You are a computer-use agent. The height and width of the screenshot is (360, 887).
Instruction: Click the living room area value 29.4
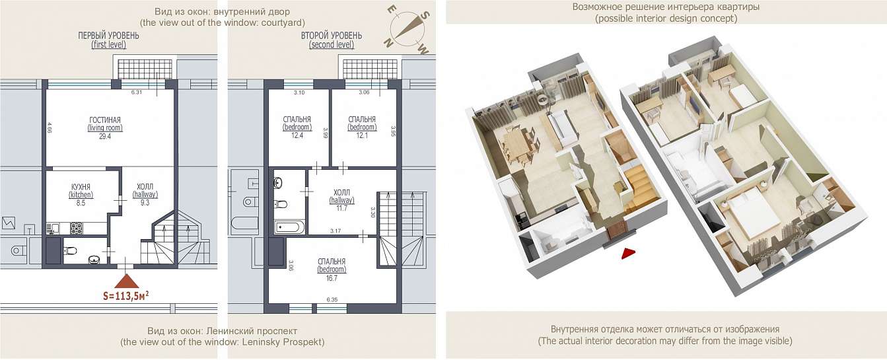105,137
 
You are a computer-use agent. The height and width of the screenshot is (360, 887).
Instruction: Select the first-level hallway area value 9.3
145,203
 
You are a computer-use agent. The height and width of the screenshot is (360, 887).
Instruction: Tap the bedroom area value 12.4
297,135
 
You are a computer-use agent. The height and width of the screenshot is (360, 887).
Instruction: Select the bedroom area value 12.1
362,135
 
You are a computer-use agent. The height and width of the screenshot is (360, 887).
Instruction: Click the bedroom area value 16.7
332,278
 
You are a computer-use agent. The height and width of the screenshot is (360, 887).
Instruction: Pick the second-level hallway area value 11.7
341,208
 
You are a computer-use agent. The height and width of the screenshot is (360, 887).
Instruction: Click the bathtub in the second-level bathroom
289,227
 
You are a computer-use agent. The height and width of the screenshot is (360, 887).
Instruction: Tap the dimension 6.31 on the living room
137,92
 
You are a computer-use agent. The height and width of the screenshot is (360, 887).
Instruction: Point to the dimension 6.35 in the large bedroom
332,300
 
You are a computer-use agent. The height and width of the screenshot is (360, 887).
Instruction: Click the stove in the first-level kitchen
76,228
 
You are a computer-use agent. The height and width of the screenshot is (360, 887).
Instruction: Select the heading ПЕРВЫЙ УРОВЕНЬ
108,36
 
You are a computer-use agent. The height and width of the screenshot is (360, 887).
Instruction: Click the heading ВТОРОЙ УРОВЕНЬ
332,36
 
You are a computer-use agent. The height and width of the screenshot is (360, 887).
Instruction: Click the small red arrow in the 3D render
628,254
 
